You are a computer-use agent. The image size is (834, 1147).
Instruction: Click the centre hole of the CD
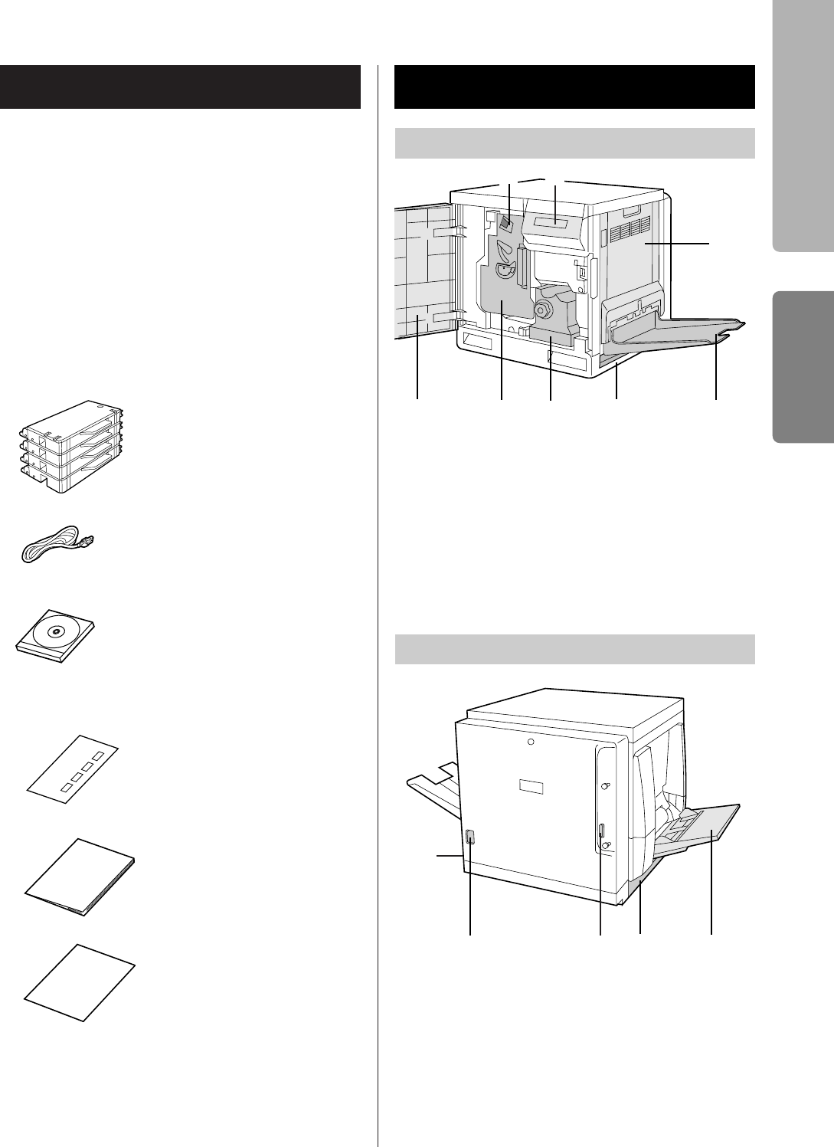(x=54, y=631)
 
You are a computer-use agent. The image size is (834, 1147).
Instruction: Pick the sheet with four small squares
(x=74, y=766)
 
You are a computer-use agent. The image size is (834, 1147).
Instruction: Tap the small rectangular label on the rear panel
(x=531, y=787)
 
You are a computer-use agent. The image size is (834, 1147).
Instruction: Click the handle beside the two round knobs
(x=601, y=836)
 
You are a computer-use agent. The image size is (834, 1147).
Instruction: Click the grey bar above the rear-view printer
(x=574, y=650)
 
